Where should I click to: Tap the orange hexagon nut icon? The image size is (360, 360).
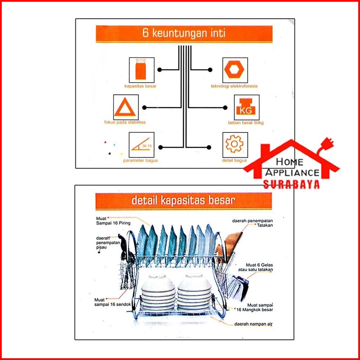tap(235, 70)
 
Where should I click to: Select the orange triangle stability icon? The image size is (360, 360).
tap(126, 107)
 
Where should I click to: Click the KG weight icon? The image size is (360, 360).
tap(247, 107)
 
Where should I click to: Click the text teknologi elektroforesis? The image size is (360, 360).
tap(234, 86)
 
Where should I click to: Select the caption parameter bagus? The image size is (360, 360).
tap(140, 161)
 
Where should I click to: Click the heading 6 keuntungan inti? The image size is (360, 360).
tap(184, 34)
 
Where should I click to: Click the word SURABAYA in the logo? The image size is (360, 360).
tap(291, 184)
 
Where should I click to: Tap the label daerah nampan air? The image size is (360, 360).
tap(253, 324)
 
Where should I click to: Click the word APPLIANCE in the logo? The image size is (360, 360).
tap(292, 172)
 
